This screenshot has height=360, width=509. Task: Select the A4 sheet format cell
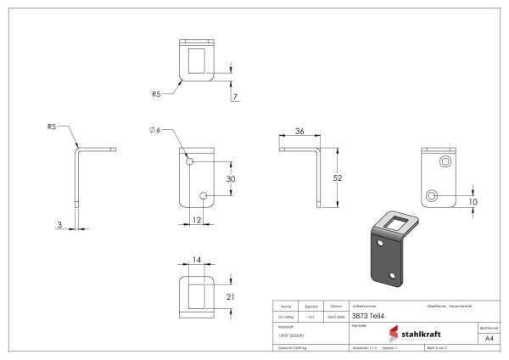coord(488,338)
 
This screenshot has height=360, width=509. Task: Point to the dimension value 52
coord(338,177)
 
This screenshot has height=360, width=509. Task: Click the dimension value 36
coord(299,132)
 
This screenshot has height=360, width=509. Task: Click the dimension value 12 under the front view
coord(197,221)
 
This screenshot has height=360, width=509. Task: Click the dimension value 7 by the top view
coord(234,98)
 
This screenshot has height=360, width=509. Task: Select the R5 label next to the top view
coord(157,94)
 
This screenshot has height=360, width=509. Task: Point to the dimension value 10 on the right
coord(473,201)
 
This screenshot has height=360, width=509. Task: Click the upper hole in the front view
coord(190,160)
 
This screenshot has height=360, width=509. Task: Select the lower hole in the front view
coord(204,197)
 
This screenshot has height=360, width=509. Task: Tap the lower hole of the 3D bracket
coord(392,277)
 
